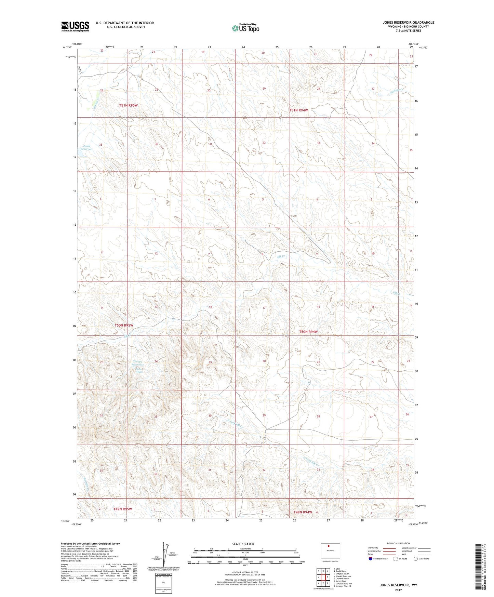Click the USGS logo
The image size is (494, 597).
click(x=75, y=26)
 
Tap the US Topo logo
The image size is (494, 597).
click(x=245, y=28)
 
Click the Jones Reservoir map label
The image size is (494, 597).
click(x=88, y=148)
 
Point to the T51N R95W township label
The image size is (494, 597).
click(x=128, y=105)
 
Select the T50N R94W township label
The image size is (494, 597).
click(x=308, y=332)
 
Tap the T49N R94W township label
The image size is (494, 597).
click(x=303, y=512)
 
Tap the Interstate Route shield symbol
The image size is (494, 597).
click(x=371, y=559)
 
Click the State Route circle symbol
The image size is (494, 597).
click(x=416, y=559)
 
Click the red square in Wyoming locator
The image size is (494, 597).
click(x=329, y=546)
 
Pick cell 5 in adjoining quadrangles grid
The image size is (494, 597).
click(x=327, y=577)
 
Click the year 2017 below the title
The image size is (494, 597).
click(x=398, y=590)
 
